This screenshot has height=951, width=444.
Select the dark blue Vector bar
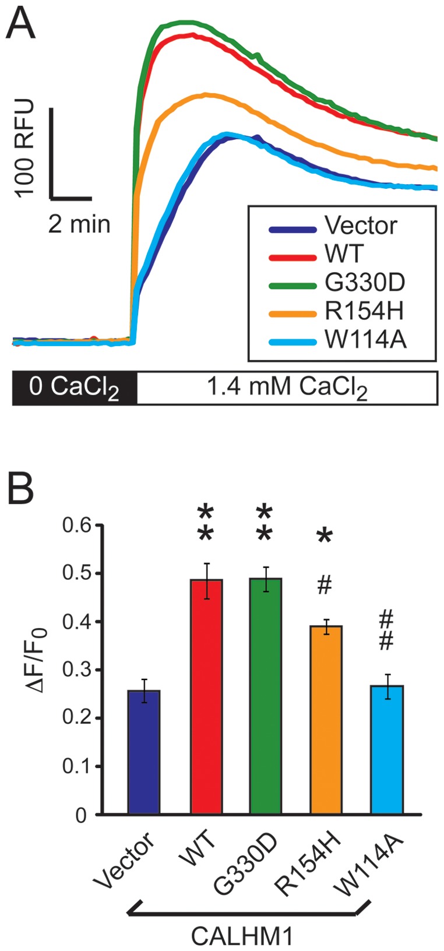pos(144,752)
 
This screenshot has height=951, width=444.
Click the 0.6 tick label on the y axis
pos(79,526)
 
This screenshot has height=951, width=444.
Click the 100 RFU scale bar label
pos(24,149)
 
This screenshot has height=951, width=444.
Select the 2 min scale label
pos(79,224)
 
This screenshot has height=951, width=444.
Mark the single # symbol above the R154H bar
pos(325,586)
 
